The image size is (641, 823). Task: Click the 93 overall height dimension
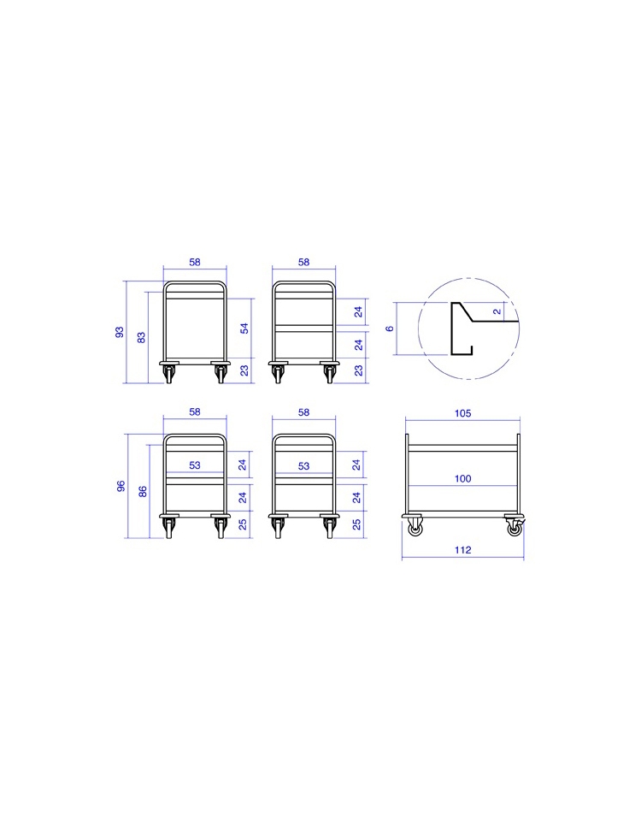tap(120, 332)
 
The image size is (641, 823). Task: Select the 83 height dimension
tap(141, 337)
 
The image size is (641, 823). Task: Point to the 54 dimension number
tap(244, 329)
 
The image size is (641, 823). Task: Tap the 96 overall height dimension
tap(121, 486)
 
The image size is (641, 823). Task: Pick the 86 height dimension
tap(143, 492)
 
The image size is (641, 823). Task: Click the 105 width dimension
tap(462, 413)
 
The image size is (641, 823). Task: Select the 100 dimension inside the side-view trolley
tap(462, 479)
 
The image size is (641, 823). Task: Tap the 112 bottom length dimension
tap(462, 550)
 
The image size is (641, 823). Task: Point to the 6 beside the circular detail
tap(389, 329)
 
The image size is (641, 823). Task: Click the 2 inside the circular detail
tap(497, 311)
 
